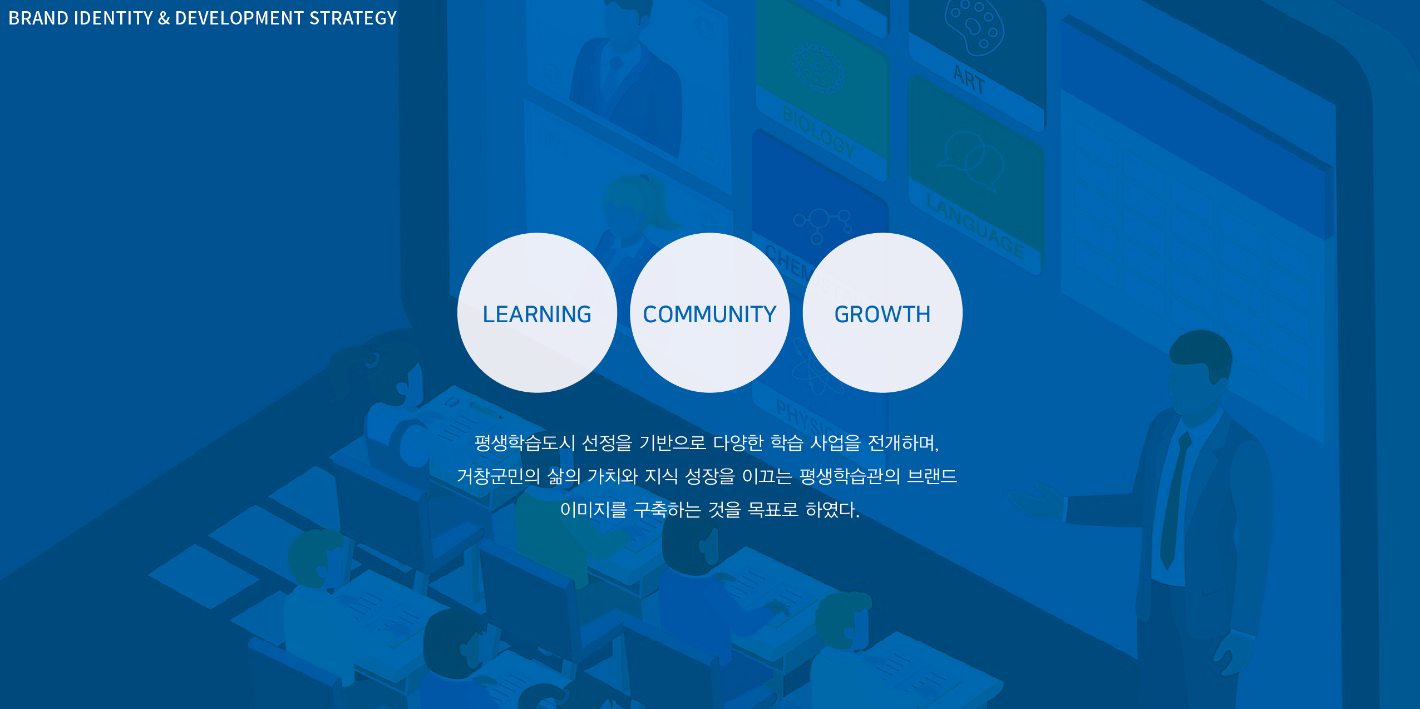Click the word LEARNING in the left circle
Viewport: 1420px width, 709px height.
pyautogui.click(x=537, y=314)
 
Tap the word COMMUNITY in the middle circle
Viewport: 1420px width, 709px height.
pyautogui.click(x=709, y=314)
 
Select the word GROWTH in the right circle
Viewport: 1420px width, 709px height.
pyautogui.click(x=882, y=314)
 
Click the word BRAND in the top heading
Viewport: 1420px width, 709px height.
pyautogui.click(x=38, y=18)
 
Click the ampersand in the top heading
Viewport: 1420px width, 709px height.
pyautogui.click(x=164, y=18)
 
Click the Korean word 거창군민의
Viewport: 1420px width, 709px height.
pyautogui.click(x=499, y=476)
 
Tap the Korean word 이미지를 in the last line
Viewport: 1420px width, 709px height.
pyautogui.click(x=594, y=510)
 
